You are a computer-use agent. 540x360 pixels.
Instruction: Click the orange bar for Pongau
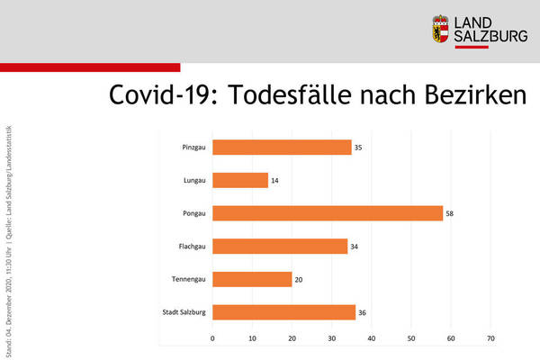click(328, 213)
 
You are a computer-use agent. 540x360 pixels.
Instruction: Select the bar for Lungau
click(240, 180)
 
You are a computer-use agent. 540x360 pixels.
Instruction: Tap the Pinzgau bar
click(282, 148)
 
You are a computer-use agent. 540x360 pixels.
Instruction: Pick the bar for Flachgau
click(280, 247)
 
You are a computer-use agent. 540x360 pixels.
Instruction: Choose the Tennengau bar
click(252, 279)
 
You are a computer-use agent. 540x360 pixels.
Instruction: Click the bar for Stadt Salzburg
click(283, 312)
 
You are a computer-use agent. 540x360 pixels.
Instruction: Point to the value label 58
click(450, 213)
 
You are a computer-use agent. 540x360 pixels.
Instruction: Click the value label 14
click(275, 180)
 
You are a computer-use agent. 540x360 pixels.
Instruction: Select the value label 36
click(363, 312)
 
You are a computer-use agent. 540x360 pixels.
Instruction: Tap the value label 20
click(299, 279)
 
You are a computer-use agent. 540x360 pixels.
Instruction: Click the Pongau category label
click(192, 213)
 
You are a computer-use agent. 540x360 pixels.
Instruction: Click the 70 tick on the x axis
click(490, 339)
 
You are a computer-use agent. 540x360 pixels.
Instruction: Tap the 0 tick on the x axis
click(212, 339)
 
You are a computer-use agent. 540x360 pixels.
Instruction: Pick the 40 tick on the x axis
click(372, 339)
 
